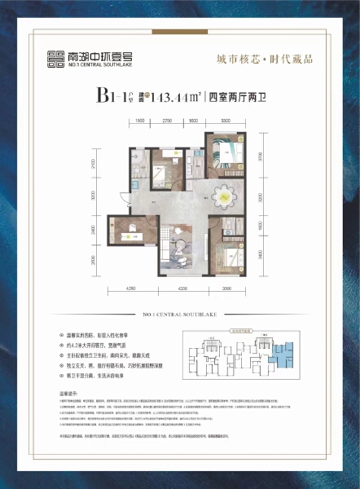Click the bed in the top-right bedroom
point(223,152)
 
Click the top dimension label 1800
point(139,121)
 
